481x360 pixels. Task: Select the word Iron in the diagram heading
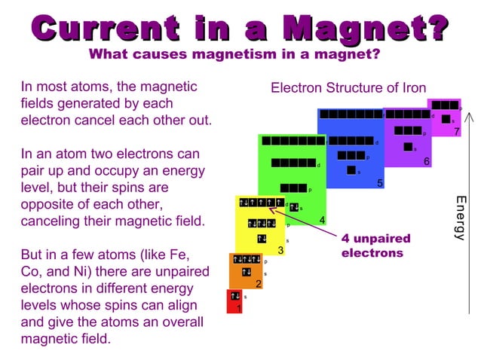coord(412,88)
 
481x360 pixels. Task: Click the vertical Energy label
coord(460,218)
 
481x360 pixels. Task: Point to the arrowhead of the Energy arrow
coord(470,117)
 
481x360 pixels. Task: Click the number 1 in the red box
coord(239,308)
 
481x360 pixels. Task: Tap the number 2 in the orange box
coord(258,284)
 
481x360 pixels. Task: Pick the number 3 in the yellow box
coord(280,251)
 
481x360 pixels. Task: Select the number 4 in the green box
coord(322,220)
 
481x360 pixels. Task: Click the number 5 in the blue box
coord(380,183)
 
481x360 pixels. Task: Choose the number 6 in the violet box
coord(427,162)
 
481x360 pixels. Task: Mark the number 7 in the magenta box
coord(457,133)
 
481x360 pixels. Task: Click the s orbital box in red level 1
coord(234,297)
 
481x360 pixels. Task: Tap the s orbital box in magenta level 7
coord(446,119)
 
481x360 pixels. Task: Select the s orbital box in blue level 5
coord(351,171)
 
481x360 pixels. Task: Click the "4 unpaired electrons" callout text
coord(375,246)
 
